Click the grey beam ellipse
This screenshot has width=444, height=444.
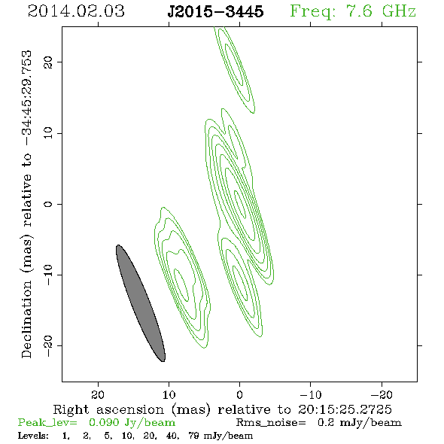click(x=141, y=303)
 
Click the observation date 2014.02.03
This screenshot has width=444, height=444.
click(x=76, y=11)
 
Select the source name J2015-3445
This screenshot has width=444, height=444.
click(x=215, y=11)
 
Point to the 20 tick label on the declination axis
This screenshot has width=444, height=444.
click(x=48, y=62)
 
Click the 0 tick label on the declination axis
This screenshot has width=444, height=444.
click(x=48, y=204)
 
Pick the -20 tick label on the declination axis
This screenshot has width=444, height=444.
click(x=48, y=345)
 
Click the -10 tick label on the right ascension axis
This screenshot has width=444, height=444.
click(x=311, y=395)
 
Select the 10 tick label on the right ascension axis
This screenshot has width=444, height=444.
click(x=169, y=395)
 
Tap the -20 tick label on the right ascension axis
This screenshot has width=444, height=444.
click(x=382, y=395)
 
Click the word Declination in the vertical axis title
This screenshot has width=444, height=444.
click(x=26, y=319)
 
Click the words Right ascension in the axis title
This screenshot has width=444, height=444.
click(x=108, y=409)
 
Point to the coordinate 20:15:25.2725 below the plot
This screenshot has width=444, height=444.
click(x=345, y=409)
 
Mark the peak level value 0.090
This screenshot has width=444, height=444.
click(x=104, y=422)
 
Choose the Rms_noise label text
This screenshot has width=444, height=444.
click(x=271, y=422)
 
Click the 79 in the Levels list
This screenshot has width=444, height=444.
click(x=193, y=436)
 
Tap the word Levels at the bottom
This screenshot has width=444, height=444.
click(x=33, y=436)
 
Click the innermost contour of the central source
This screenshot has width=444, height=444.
click(x=240, y=204)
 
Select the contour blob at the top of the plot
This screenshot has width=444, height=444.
click(x=234, y=70)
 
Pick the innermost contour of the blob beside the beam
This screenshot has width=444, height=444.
click(x=181, y=285)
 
